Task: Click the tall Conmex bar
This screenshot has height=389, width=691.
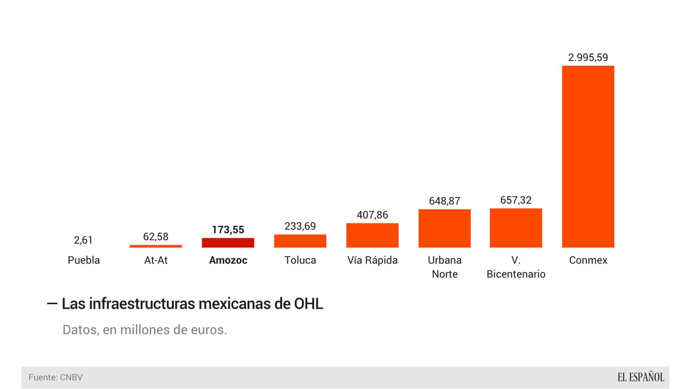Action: (588, 156)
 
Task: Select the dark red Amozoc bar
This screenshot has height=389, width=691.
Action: (228, 243)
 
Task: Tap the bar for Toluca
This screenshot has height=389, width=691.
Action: (300, 241)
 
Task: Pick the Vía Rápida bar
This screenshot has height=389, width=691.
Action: (372, 235)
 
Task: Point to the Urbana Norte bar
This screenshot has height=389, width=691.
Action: (444, 229)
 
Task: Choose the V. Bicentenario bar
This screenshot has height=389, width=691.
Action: (516, 228)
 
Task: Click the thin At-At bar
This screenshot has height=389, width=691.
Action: (156, 246)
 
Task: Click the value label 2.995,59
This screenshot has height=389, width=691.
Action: (588, 58)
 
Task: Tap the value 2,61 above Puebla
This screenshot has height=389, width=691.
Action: (83, 240)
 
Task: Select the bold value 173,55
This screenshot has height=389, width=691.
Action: (228, 230)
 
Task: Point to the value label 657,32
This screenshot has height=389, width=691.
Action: (516, 200)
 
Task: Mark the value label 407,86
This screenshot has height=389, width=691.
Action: (372, 215)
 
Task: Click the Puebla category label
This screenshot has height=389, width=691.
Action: (83, 260)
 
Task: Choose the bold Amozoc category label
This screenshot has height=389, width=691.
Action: (228, 260)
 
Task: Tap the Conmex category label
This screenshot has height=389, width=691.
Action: (588, 260)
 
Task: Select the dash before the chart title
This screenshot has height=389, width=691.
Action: (52, 304)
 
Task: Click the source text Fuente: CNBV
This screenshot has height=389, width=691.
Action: (55, 377)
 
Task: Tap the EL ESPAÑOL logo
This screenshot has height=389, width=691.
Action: (640, 377)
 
